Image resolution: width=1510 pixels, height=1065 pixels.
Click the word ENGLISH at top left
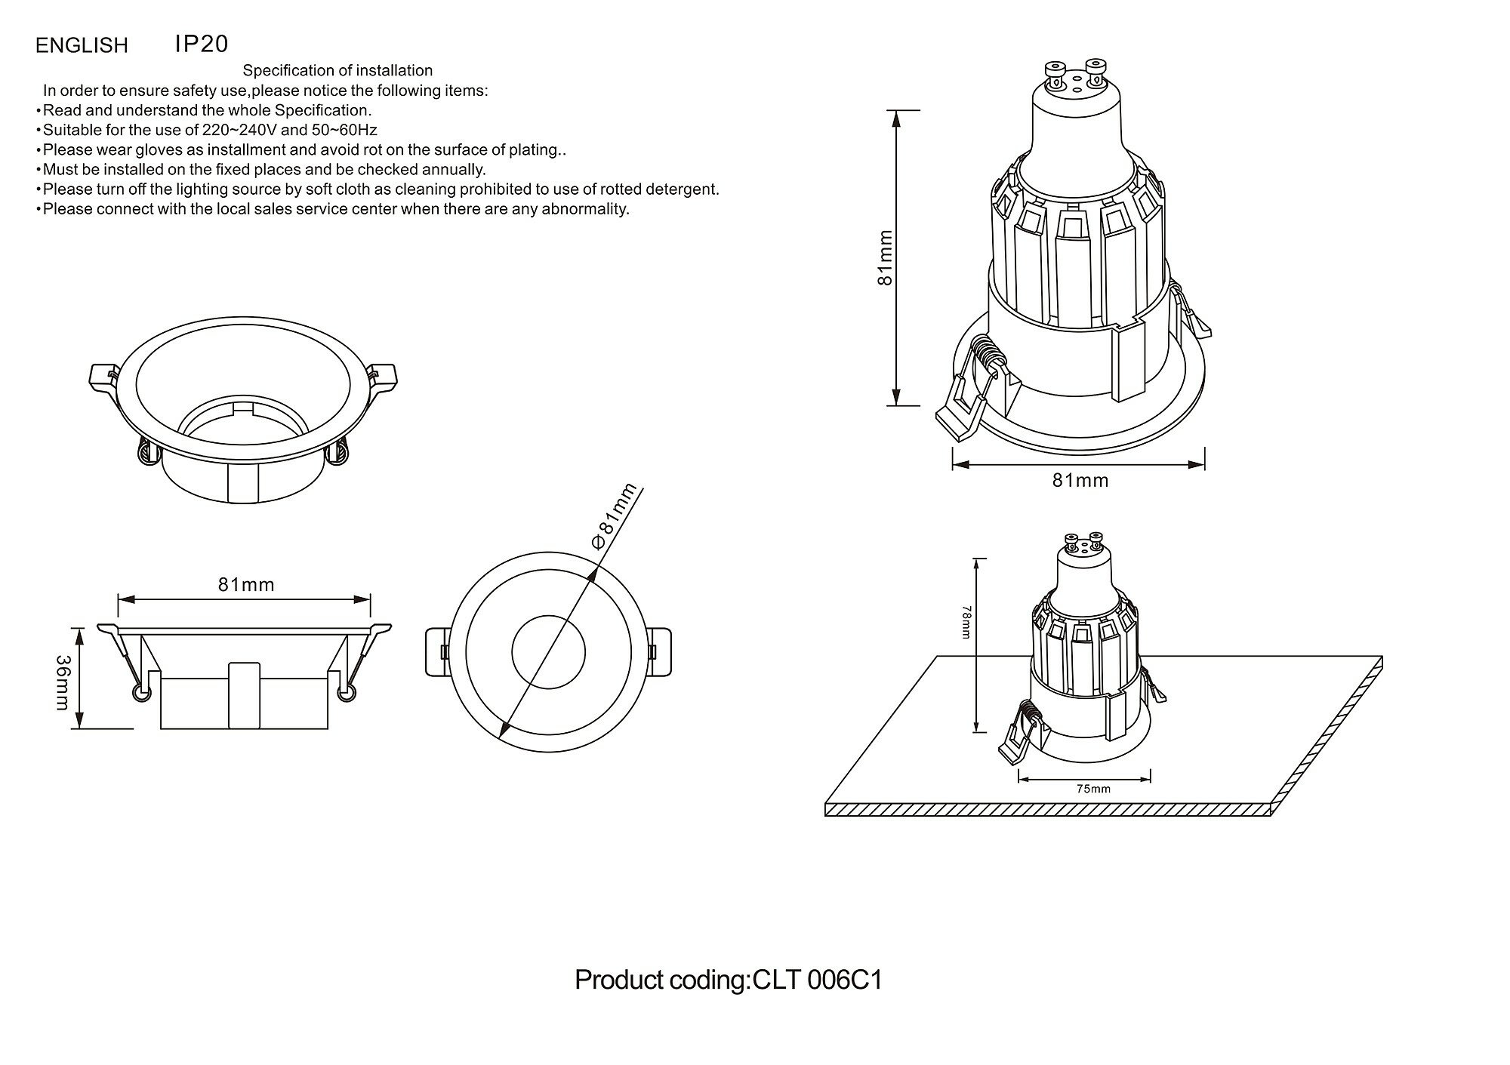pos(82,46)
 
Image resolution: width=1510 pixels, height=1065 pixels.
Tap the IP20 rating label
pos(201,44)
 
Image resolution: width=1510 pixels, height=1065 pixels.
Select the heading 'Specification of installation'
pos(337,70)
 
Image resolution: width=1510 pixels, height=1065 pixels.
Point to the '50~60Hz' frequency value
pos(344,130)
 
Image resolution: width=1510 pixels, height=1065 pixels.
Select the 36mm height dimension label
pos(63,682)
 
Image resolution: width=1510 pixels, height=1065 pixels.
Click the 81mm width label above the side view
pos(246,584)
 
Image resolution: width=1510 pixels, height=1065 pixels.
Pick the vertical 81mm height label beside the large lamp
pos(886,258)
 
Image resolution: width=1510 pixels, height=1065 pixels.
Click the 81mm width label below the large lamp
pos(1080,480)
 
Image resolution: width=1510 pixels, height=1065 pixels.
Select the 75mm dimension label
pos(1092,790)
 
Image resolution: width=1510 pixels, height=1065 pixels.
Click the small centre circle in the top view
pos(549,653)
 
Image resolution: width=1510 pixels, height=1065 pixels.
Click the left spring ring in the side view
pos(140,693)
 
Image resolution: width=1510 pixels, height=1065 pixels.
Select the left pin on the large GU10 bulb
pos(1052,73)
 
